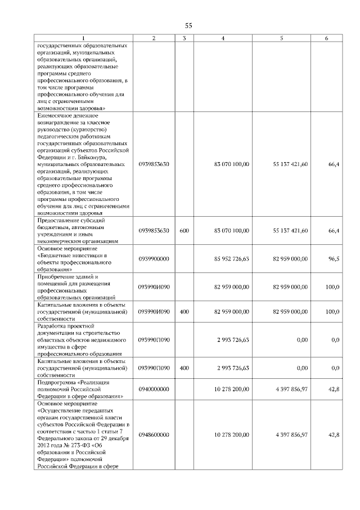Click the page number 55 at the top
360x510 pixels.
(x=188, y=26)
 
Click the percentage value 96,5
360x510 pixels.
(x=334, y=258)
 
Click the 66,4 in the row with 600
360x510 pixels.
(x=334, y=231)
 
